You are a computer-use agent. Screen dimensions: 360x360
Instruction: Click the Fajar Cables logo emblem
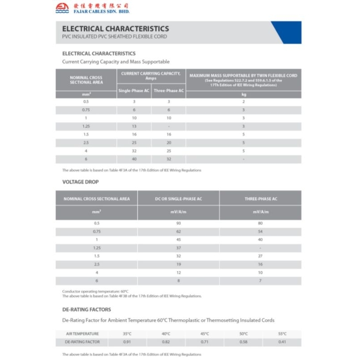coord(62,8)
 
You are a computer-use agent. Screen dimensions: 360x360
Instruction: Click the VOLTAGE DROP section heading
coord(81,182)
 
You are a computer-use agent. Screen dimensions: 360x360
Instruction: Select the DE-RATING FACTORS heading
coord(86,310)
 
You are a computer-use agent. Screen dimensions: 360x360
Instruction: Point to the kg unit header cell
coord(243,94)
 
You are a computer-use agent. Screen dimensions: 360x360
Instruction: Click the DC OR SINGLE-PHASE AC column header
coord(178,198)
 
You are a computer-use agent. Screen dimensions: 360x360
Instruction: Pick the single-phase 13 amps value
coord(134,126)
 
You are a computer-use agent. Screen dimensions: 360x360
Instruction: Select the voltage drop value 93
coord(178,224)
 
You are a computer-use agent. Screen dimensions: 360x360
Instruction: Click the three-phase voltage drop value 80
coord(261,224)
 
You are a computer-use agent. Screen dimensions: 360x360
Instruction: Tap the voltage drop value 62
coord(178,232)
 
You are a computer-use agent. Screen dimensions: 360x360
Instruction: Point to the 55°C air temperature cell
coord(282,334)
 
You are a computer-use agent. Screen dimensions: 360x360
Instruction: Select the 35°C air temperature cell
coord(127,334)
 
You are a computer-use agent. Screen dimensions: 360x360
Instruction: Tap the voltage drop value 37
coord(178,248)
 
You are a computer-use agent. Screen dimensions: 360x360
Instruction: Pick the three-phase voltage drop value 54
coord(261,232)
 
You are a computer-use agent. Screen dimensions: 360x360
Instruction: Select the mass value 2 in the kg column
coord(243,102)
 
